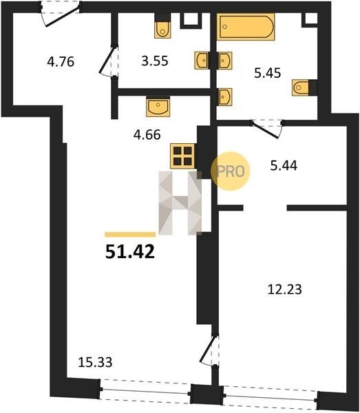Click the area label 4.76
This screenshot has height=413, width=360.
click(x=61, y=62)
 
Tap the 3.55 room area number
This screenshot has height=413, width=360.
click(x=155, y=61)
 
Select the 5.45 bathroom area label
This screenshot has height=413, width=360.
click(x=268, y=73)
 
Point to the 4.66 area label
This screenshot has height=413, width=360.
click(x=147, y=135)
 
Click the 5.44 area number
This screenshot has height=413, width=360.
click(x=284, y=166)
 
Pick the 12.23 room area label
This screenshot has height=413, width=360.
click(x=284, y=290)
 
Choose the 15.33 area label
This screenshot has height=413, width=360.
click(x=95, y=362)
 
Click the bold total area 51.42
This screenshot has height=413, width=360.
click(x=130, y=251)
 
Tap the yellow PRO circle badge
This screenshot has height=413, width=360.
click(x=231, y=171)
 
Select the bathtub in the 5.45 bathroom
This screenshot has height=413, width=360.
click(x=246, y=27)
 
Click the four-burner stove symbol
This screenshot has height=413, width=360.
click(x=182, y=156)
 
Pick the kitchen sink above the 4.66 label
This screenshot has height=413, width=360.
click(x=158, y=107)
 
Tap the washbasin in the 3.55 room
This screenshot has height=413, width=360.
click(x=202, y=61)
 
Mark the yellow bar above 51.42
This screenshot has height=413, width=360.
click(x=130, y=235)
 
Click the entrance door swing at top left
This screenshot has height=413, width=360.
click(x=62, y=17)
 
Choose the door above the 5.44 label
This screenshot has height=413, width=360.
click(x=267, y=129)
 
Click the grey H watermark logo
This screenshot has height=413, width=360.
click(x=180, y=203)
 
